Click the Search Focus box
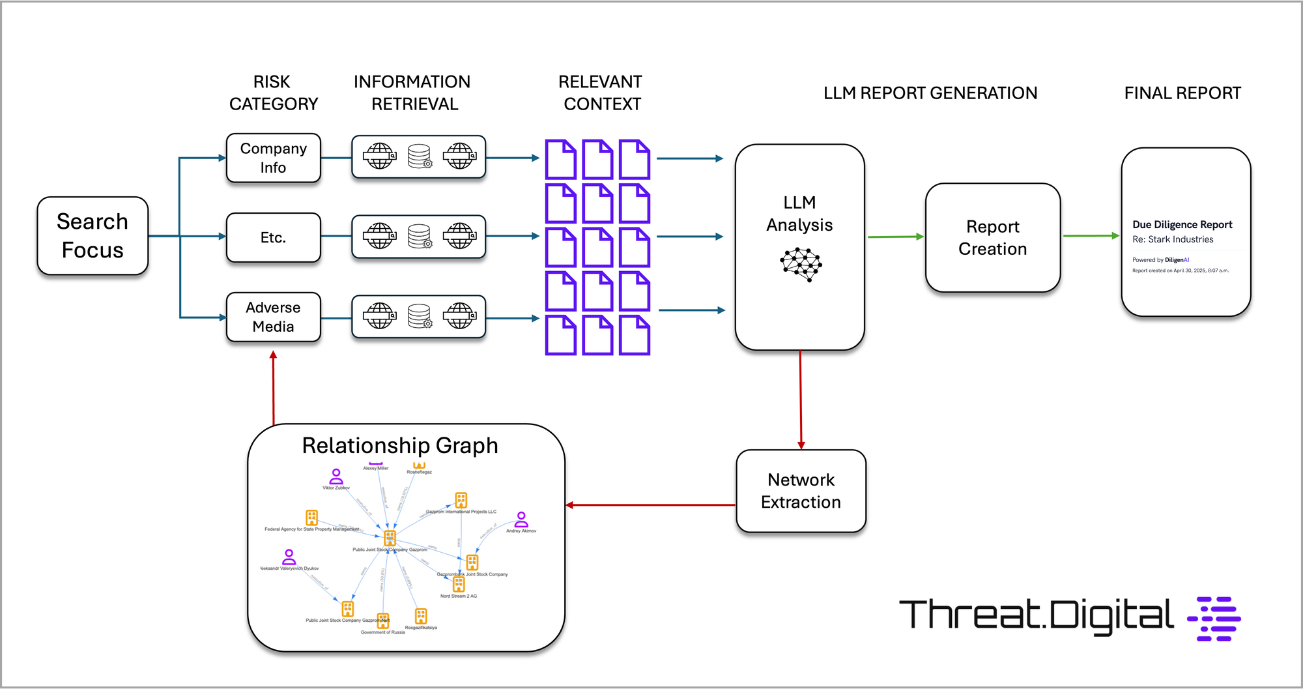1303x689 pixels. tap(93, 236)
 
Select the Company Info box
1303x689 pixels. tap(273, 158)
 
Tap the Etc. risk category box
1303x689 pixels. tap(273, 237)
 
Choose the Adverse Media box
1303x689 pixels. tap(273, 317)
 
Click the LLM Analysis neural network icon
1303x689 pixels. tap(801, 264)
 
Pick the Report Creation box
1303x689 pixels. tap(992, 238)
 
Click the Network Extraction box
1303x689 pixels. tap(801, 491)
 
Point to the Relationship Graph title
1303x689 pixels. tap(400, 446)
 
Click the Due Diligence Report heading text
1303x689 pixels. tap(1182, 225)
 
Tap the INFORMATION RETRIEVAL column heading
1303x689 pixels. tap(412, 93)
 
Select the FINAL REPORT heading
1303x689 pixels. tap(1182, 93)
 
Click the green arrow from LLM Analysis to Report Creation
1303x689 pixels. tap(895, 237)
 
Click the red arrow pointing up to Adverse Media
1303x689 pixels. tap(274, 388)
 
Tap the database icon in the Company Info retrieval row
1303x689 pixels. tap(419, 156)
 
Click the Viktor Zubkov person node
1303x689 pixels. tap(336, 476)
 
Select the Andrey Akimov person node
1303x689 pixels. tap(521, 520)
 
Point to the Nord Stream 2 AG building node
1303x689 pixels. tap(459, 584)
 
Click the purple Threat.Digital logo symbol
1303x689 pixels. tap(1214, 619)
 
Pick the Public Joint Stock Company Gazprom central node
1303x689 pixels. tap(390, 538)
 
